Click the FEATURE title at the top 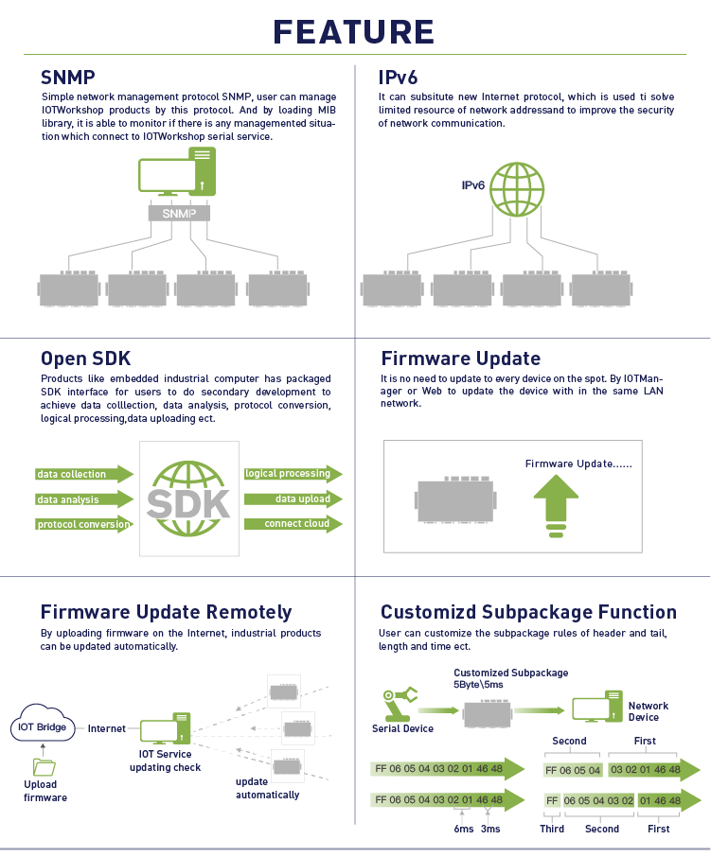tap(353, 32)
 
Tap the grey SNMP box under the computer tap(179, 213)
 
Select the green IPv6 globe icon tap(516, 189)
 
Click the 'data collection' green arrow tap(84, 474)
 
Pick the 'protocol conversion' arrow tap(84, 524)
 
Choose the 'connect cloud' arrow tap(293, 524)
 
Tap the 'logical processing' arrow tap(293, 473)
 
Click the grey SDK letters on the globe tap(188, 504)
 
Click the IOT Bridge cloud tap(43, 723)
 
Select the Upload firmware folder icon tap(44, 767)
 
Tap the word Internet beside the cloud tap(107, 728)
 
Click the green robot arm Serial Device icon tap(400, 705)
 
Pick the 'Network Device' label tap(649, 711)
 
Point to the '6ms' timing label tap(464, 829)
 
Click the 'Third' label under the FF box tap(552, 829)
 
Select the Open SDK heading tap(86, 359)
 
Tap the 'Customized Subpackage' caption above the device tap(511, 673)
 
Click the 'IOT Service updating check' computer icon tap(165, 728)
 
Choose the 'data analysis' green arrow tap(84, 499)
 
